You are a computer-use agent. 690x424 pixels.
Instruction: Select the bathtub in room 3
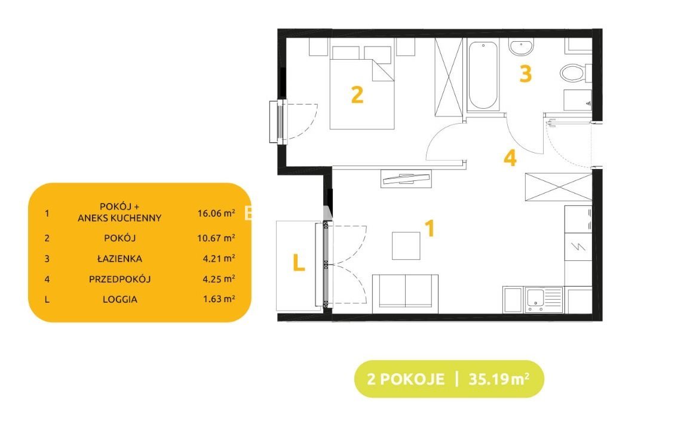point(483,75)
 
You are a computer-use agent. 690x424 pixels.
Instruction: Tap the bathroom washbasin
point(522,47)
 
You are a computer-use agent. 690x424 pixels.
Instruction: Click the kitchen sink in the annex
point(544,300)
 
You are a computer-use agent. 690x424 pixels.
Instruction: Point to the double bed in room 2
point(361,88)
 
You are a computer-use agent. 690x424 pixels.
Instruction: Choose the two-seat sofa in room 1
point(405,294)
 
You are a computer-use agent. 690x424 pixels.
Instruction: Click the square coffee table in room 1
point(406,245)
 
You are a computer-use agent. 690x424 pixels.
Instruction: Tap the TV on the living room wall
point(406,179)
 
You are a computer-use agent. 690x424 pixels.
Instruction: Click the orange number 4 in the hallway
point(510,158)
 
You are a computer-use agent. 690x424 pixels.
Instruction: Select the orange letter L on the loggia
point(299,263)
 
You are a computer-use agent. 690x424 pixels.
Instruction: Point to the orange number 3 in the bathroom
point(526,74)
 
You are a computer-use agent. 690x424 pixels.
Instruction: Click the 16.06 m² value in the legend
point(216,213)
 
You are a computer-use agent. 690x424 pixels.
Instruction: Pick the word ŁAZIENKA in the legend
point(119,259)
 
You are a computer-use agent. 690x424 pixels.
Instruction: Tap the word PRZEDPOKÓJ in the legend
point(119,279)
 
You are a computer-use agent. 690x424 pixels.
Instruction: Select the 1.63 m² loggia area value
point(219,299)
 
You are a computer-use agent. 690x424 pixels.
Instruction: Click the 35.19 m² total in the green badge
point(499,379)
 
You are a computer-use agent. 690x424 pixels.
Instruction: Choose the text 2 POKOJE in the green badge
point(405,379)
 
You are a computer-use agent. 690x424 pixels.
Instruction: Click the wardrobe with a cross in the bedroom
point(449,77)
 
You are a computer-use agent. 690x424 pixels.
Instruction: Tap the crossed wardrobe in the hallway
point(558,187)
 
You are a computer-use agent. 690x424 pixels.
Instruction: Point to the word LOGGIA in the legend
point(120,299)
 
